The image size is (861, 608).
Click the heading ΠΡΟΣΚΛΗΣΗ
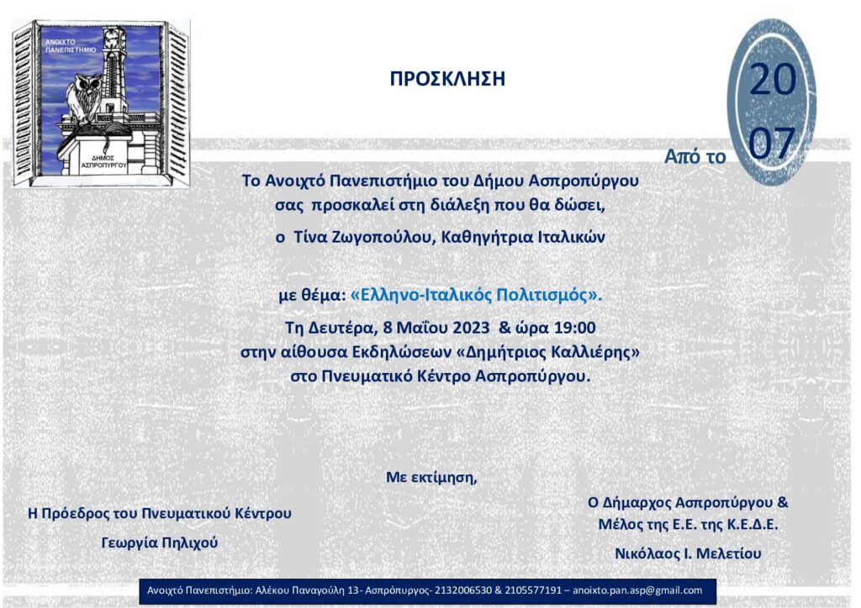tap(447, 80)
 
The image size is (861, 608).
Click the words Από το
tap(695, 156)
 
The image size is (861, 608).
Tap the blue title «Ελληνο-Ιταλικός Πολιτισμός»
tap(477, 296)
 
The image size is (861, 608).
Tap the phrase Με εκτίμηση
tap(431, 478)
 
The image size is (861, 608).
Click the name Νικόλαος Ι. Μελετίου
tap(688, 553)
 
